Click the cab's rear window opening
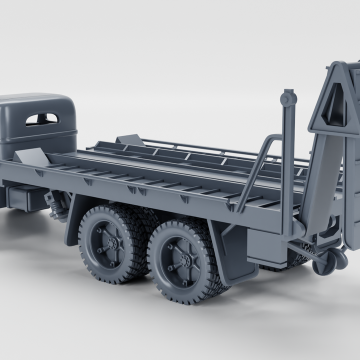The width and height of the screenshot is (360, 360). point(42,119)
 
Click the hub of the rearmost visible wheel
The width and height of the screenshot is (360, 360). point(188,260)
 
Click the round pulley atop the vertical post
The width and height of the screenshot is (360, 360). point(288,99)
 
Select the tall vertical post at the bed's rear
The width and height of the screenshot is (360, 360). point(287,165)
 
